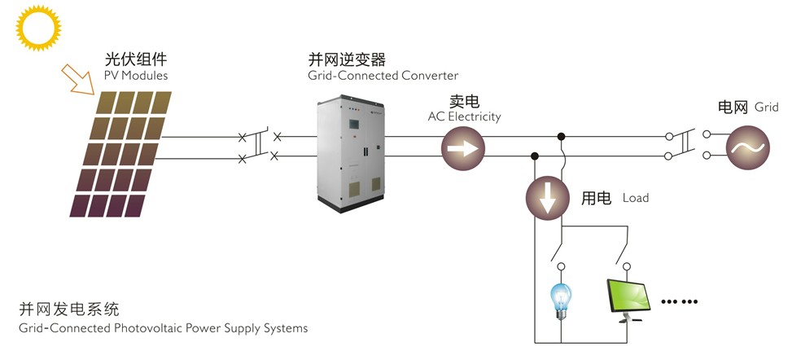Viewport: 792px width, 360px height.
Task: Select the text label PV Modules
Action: pos(136,76)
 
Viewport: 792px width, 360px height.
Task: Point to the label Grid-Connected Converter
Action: pos(383,76)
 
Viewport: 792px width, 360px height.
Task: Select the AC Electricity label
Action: pos(464,116)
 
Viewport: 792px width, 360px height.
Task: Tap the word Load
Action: pos(635,198)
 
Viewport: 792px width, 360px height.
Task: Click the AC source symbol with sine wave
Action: pos(747,147)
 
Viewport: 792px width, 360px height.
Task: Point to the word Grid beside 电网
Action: pos(767,107)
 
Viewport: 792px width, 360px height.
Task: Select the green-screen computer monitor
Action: pos(629,299)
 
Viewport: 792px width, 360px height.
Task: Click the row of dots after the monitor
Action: pos(679,302)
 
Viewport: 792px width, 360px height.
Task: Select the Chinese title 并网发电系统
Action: pos(70,310)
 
